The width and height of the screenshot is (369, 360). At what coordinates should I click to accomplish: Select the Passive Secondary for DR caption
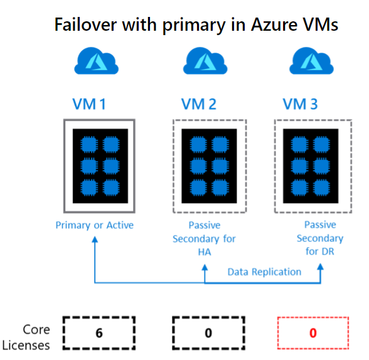coord(320,238)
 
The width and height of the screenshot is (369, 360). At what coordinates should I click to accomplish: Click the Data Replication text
coord(264,272)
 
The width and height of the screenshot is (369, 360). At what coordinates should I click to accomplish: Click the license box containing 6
coord(100,332)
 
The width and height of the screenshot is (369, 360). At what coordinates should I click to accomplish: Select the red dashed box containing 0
coord(312,332)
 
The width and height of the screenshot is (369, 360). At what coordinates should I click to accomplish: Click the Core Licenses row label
coord(28,336)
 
